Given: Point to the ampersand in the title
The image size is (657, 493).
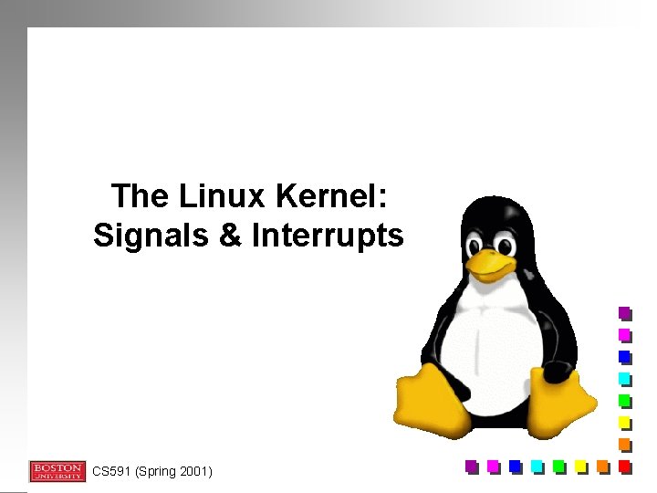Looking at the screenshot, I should [x=229, y=236].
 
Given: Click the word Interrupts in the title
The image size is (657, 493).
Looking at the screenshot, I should [x=327, y=236].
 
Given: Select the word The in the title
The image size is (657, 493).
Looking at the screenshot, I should [x=139, y=195].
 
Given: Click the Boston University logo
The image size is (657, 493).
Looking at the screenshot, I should [x=57, y=471].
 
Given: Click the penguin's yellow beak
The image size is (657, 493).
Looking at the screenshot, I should [x=493, y=266].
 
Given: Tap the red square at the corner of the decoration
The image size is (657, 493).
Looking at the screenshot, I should [x=624, y=466].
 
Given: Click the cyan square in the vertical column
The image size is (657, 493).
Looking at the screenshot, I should [x=624, y=378].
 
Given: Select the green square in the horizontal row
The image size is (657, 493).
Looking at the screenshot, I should [x=558, y=466].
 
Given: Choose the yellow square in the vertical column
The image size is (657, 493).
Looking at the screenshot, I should [x=624, y=422].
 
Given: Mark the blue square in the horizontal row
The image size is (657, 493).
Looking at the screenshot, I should [x=515, y=466].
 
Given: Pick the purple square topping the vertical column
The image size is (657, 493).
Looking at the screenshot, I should [x=624, y=312].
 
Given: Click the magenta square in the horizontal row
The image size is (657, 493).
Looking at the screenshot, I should [x=493, y=466].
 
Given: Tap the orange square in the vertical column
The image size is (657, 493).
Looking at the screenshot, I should [x=624, y=444].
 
